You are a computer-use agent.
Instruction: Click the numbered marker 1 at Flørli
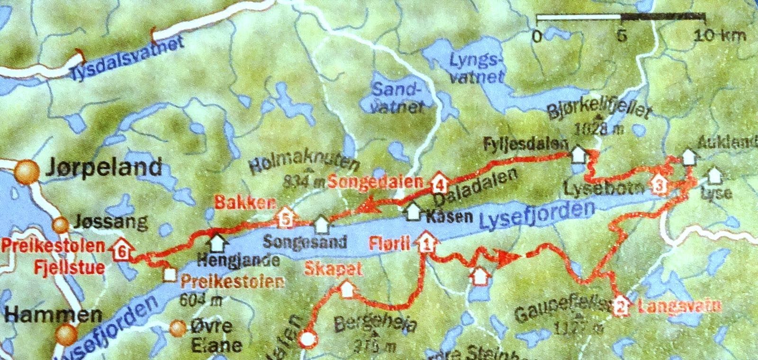click(x=426, y=244)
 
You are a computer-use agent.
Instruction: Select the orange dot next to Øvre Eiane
click(x=178, y=327)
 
